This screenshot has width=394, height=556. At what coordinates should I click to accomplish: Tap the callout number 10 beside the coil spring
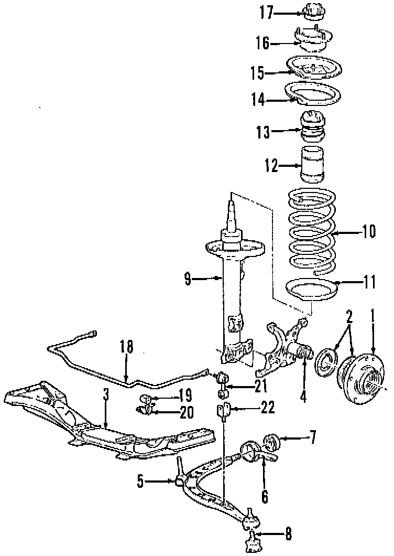tap(368, 231)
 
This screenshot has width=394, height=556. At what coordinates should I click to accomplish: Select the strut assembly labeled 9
tap(231, 294)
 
